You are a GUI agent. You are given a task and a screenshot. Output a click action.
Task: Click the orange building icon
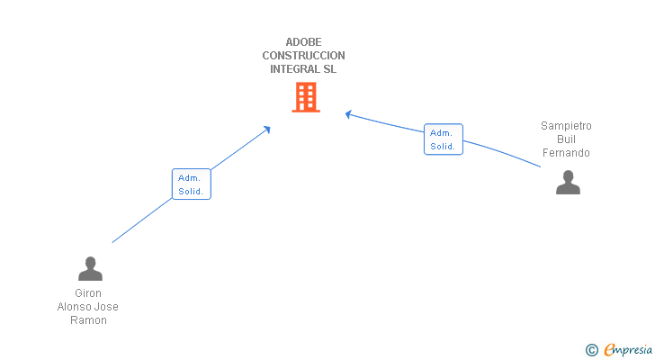pyautogui.click(x=306, y=97)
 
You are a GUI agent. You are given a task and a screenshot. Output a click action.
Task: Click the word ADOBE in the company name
pyautogui.click(x=303, y=41)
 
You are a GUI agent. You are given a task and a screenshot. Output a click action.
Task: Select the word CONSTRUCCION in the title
pyautogui.click(x=303, y=56)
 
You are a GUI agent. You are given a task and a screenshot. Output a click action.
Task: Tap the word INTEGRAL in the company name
pyautogui.click(x=293, y=69)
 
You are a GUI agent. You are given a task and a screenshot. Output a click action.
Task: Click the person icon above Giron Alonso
pyautogui.click(x=90, y=268)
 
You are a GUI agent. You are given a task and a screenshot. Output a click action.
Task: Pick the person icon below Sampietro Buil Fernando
pyautogui.click(x=568, y=182)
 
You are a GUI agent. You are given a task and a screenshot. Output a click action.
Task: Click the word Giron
pyautogui.click(x=88, y=293)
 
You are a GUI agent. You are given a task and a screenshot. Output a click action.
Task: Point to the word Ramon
pyautogui.click(x=88, y=320)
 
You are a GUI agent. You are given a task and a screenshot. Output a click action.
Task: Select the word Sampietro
pyautogui.click(x=566, y=126)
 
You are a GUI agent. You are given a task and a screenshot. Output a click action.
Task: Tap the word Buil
pyautogui.click(x=566, y=139)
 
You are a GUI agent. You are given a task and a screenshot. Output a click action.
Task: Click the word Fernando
pyautogui.click(x=566, y=153)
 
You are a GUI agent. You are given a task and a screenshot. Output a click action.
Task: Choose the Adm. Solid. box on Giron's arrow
pyautogui.click(x=191, y=184)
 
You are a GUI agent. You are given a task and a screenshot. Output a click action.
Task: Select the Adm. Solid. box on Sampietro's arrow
pyautogui.click(x=443, y=139)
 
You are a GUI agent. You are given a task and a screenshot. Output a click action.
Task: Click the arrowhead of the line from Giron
pyautogui.click(x=266, y=130)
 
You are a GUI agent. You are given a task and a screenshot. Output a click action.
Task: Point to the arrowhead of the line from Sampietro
pyautogui.click(x=349, y=113)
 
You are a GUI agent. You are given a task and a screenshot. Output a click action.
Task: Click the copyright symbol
pyautogui.click(x=591, y=350)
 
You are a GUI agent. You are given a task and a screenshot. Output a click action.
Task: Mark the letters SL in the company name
pyautogui.click(x=328, y=69)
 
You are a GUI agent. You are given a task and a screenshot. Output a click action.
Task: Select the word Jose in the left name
pyautogui.click(x=106, y=307)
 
